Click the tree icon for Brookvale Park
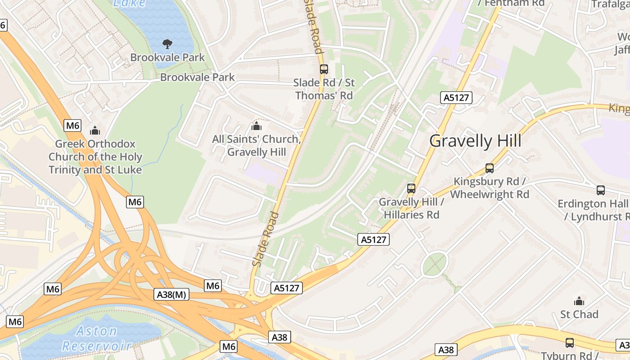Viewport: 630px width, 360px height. (167, 44)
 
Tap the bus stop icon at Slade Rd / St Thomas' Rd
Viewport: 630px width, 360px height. (324, 69)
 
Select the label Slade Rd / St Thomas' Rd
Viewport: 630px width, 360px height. (324, 89)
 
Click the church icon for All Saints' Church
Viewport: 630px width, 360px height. (256, 126)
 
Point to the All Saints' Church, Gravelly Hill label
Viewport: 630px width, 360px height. (256, 145)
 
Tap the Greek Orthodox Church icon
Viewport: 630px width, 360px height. (95, 130)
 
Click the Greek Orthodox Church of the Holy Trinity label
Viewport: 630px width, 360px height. (95, 157)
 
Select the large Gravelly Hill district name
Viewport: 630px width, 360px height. (475, 141)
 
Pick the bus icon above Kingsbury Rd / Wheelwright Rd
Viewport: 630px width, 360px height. (490, 168)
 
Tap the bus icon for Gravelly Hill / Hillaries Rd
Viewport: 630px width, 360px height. (411, 188)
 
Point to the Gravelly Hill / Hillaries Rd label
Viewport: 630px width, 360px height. (411, 208)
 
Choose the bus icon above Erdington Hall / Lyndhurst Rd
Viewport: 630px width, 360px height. (601, 190)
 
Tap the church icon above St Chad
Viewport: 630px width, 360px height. (579, 301)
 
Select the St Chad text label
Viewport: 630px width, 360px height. (579, 314)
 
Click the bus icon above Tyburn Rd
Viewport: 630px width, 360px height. (570, 343)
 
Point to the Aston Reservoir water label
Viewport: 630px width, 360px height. (97, 338)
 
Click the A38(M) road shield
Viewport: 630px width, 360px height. (172, 295)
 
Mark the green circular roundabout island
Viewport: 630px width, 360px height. (435, 264)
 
